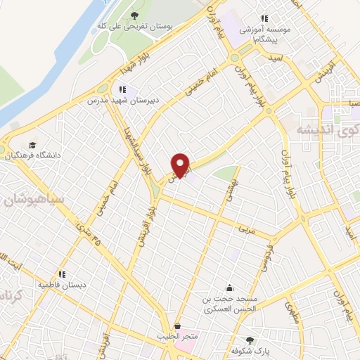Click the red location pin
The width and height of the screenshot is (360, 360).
coord(181,165)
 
